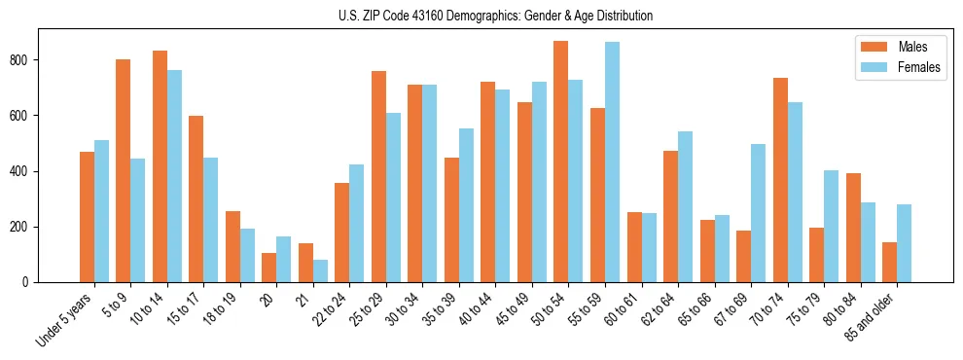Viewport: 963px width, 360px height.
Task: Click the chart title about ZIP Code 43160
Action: click(x=481, y=16)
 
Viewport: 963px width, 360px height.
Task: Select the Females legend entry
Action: click(x=918, y=68)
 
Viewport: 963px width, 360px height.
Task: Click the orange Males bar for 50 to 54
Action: click(x=561, y=162)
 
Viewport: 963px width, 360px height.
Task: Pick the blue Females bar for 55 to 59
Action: click(x=612, y=162)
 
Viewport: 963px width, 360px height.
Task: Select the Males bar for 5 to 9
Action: click(x=124, y=171)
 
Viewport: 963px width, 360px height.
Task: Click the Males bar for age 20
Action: click(x=269, y=268)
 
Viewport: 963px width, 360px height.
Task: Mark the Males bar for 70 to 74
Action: click(x=780, y=180)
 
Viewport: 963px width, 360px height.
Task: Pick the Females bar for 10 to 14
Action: click(x=174, y=176)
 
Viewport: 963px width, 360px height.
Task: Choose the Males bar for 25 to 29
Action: click(x=378, y=177)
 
